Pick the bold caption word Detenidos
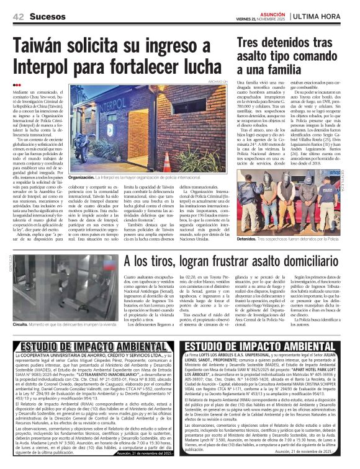tap(250, 238)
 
